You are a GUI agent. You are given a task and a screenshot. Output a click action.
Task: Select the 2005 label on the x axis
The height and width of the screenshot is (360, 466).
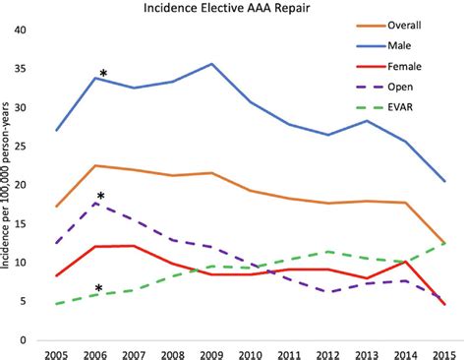[x=57, y=351]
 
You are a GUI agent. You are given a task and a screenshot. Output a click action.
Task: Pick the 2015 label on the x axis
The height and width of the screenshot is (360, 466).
[x=444, y=351]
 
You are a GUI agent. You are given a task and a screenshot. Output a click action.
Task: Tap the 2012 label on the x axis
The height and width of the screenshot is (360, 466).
[x=329, y=351]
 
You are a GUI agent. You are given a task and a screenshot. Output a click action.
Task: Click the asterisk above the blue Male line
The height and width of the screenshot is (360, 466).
[x=102, y=74]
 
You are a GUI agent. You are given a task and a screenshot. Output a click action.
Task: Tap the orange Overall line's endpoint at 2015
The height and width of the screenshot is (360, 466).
[x=444, y=242]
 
